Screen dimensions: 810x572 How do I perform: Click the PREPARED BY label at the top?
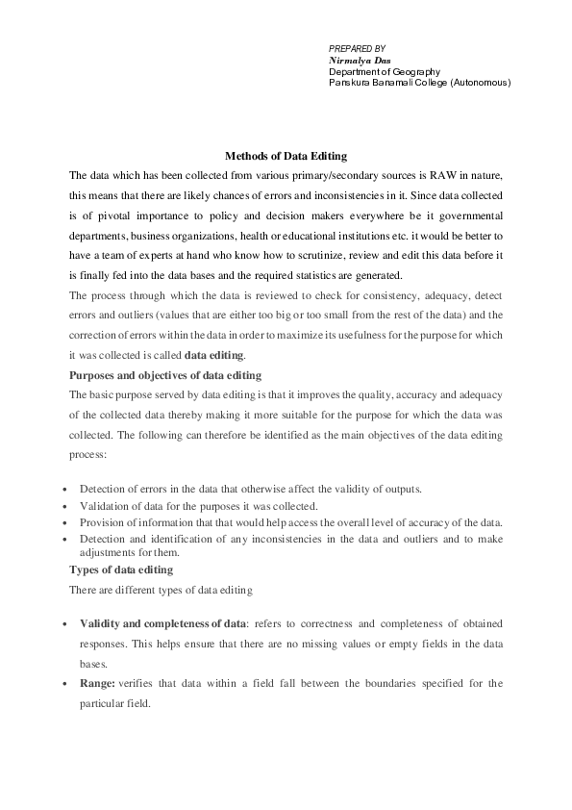(x=357, y=48)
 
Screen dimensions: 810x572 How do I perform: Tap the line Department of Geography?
(x=384, y=71)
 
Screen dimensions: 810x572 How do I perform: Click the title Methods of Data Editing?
(x=286, y=156)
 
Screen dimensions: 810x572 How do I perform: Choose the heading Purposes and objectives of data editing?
(x=164, y=374)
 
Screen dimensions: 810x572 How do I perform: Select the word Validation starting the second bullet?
(x=104, y=506)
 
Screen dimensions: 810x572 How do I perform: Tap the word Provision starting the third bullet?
(x=102, y=522)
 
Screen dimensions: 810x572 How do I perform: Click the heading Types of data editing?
(x=120, y=570)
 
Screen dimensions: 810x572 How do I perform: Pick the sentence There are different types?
(x=161, y=589)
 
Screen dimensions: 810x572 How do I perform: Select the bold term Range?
(x=98, y=684)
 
